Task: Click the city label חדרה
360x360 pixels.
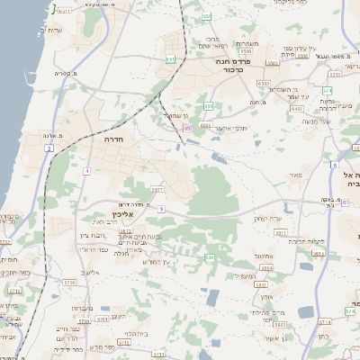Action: (126, 140)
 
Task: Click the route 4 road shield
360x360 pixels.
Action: (86, 170)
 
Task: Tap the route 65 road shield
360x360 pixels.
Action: (187, 129)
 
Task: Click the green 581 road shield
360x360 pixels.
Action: (209, 257)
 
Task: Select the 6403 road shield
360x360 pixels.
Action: (297, 109)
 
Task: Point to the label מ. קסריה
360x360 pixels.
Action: (62, 75)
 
